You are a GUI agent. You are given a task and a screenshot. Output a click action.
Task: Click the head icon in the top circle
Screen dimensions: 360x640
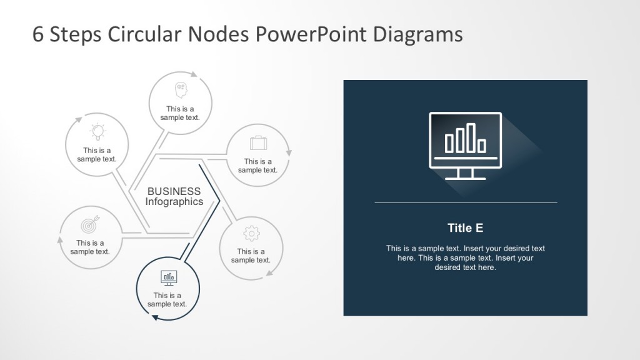click(181, 89)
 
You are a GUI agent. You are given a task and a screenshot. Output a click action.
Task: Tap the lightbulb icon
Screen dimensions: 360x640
click(97, 131)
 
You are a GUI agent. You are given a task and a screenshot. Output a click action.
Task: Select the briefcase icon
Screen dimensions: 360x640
click(258, 143)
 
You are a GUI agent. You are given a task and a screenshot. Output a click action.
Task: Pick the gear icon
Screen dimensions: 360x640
click(251, 233)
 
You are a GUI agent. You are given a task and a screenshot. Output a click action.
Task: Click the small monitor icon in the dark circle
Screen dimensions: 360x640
click(168, 277)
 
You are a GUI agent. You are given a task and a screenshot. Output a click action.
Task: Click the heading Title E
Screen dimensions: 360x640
click(465, 228)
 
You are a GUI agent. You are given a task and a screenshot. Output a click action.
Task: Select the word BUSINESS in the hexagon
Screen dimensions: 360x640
click(174, 191)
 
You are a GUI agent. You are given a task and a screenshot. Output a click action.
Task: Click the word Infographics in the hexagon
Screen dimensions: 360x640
click(174, 202)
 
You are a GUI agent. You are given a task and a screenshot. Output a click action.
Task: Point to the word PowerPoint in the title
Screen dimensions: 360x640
click(312, 34)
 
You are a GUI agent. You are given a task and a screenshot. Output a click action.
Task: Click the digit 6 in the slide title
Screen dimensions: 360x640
click(37, 34)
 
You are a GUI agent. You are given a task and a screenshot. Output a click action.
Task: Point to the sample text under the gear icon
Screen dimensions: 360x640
click(251, 256)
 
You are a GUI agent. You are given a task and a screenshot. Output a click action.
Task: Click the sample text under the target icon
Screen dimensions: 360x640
click(90, 247)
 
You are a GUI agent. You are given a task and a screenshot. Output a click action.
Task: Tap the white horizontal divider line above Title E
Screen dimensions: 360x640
click(465, 202)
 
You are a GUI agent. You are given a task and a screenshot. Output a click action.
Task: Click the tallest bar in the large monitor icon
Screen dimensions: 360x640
click(471, 137)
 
